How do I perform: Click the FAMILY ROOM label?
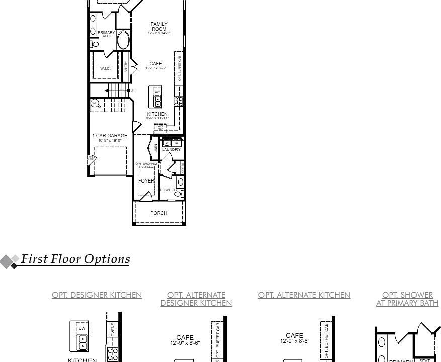159,26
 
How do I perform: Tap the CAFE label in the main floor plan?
156,64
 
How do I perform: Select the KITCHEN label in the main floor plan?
157,114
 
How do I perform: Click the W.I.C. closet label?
105,69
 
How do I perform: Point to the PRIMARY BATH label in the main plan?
106,34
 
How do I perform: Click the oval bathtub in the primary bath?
123,41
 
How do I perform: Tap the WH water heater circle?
95,103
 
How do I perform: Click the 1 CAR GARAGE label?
110,136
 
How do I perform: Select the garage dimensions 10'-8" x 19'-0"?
110,141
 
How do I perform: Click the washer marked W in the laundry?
167,143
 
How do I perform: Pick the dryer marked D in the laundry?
177,143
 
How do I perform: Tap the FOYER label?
146,181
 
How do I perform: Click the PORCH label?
159,213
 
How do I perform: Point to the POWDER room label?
168,190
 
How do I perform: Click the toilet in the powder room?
180,193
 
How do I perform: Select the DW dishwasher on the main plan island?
157,92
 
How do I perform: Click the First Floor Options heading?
75,259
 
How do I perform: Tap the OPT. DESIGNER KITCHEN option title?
97,295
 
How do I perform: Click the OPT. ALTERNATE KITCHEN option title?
304,295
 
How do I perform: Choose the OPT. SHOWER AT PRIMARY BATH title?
407,299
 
